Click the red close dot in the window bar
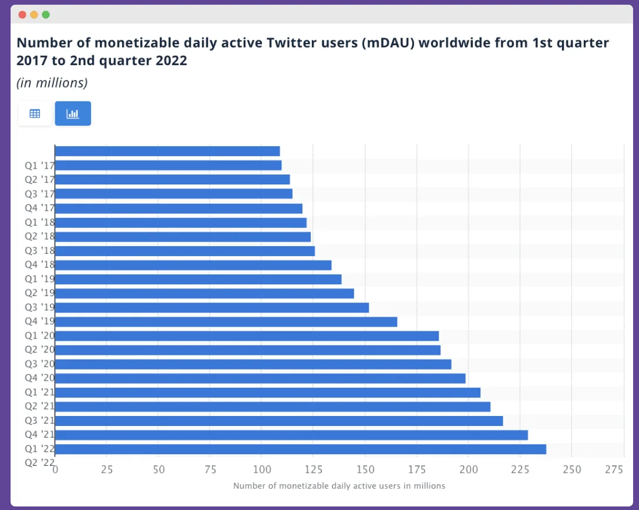coord(22,15)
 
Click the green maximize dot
coord(46,15)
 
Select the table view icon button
coord(35,113)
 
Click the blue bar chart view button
coord(73,113)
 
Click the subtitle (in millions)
coord(52,83)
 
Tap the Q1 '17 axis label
coord(39,166)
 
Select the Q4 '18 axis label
coord(39,264)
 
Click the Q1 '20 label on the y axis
coord(39,335)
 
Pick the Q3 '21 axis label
coord(39,420)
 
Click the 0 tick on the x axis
coord(55,470)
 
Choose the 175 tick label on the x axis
coord(417,470)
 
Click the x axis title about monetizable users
coord(339,486)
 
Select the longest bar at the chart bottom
coord(300,449)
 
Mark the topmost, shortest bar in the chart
coord(167,151)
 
